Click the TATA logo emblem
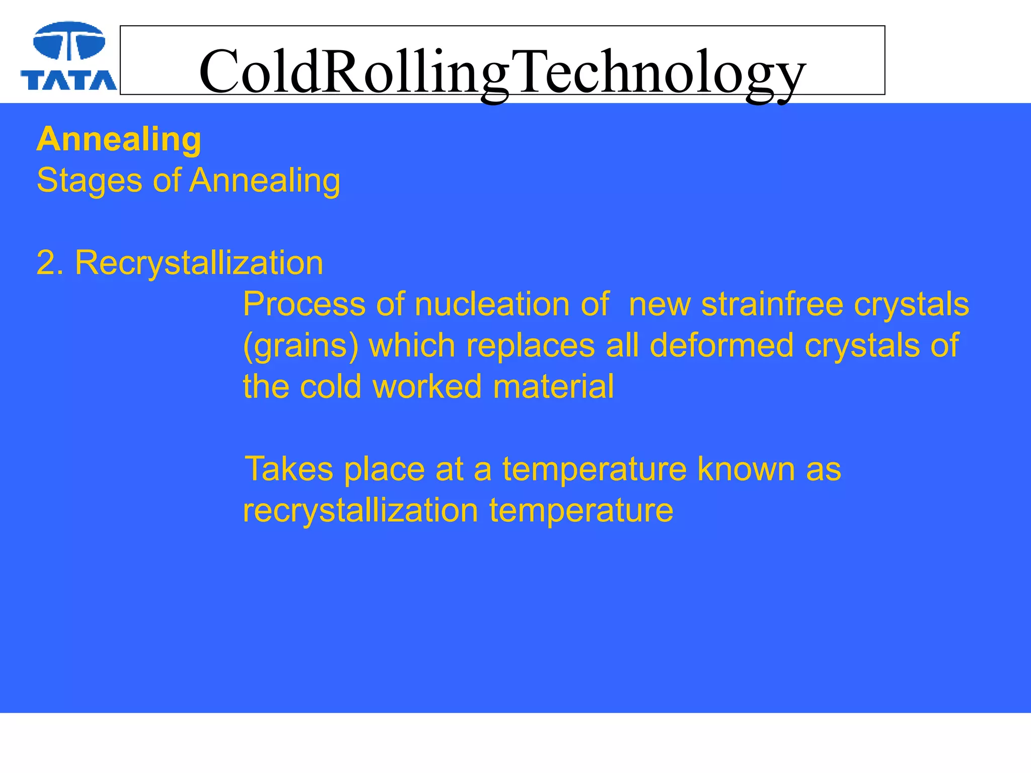point(69,41)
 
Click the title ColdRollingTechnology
point(502,71)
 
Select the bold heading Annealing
point(119,139)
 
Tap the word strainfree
point(772,304)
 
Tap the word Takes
point(288,470)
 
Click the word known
point(746,470)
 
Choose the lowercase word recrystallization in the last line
point(360,511)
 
